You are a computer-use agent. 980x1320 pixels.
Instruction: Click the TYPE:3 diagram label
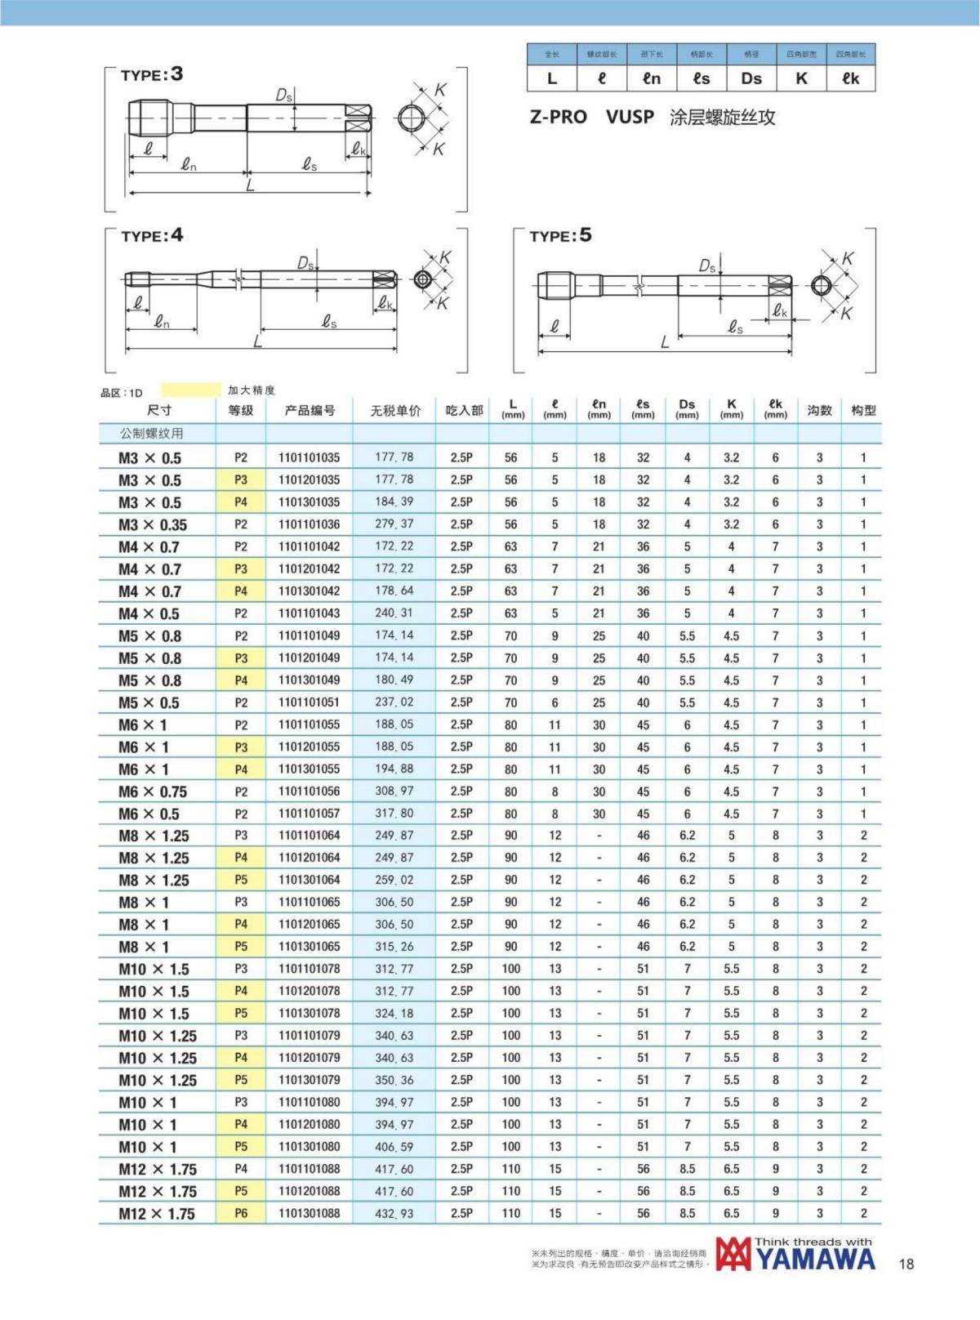[x=152, y=75]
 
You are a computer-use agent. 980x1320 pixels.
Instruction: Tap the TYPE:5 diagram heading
[x=560, y=236]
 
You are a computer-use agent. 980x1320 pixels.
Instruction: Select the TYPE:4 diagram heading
[x=152, y=236]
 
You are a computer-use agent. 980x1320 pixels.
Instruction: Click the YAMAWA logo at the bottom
[x=795, y=1255]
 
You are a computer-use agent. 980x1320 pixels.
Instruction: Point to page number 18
[x=906, y=1264]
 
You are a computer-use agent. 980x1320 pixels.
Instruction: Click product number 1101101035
[x=309, y=457]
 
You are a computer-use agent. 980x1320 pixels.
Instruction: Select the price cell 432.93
[x=394, y=1214]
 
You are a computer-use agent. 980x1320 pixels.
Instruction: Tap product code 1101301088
[x=309, y=1214]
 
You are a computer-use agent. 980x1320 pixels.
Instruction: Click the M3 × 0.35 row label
[x=153, y=524]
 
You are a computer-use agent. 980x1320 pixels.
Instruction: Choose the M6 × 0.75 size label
[x=153, y=792]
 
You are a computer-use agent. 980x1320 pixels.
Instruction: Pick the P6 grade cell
[x=241, y=1214]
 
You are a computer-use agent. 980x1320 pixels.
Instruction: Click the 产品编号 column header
[x=310, y=411]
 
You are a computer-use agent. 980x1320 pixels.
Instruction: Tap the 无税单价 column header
[x=395, y=411]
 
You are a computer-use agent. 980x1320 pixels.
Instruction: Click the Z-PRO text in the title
[x=559, y=117]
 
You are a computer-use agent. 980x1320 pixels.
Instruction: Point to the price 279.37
[x=394, y=524]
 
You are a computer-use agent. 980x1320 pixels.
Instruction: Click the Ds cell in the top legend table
[x=751, y=78]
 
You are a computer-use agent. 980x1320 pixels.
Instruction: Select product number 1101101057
[x=309, y=814]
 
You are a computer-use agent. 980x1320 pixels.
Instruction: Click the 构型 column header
[x=863, y=411]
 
